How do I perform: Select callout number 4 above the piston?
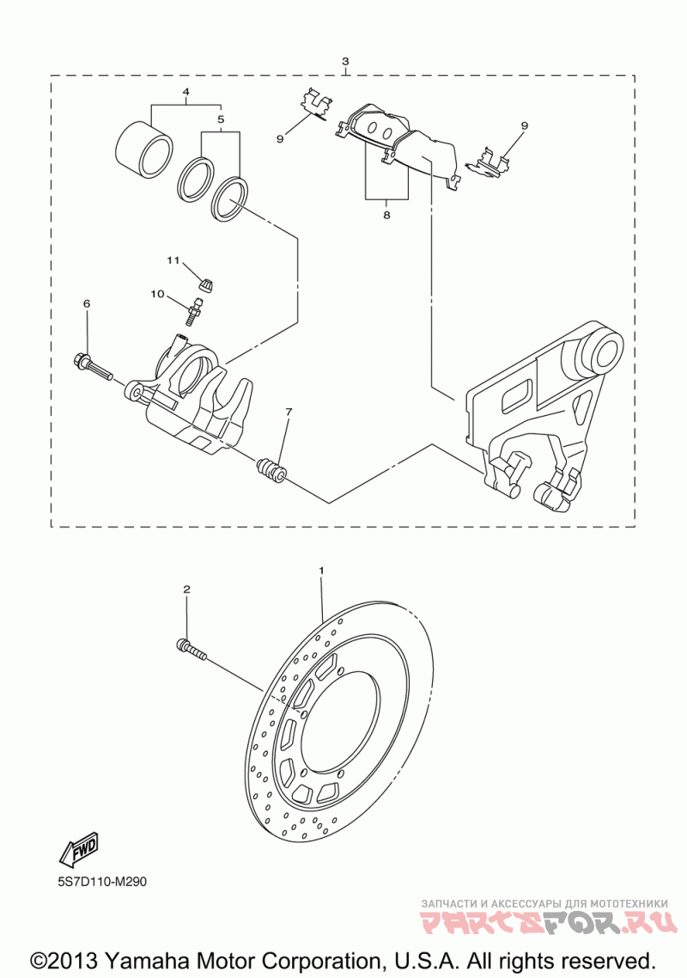[x=185, y=92]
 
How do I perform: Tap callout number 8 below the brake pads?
[x=386, y=215]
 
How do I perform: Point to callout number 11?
[x=173, y=259]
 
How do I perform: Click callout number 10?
[x=157, y=294]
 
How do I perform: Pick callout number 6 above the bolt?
[x=86, y=303]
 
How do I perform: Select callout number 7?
[x=289, y=413]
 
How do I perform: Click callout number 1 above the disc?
[x=322, y=570]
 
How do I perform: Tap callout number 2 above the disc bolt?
[x=186, y=589]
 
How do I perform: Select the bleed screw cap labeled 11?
[x=207, y=278]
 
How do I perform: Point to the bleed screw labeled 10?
[x=196, y=309]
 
